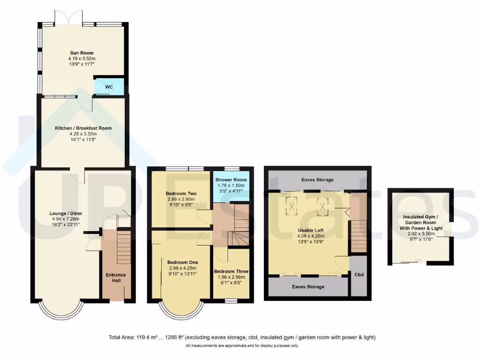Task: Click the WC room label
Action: click(109, 87)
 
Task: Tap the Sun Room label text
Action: click(82, 53)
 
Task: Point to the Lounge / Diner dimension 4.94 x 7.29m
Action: click(65, 219)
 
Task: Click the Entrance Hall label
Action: click(115, 277)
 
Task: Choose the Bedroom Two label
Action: click(181, 193)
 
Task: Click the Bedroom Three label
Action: click(231, 271)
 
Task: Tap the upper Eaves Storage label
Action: click(317, 180)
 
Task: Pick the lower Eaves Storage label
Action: click(308, 286)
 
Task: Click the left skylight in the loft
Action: click(292, 205)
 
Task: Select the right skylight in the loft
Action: click(322, 204)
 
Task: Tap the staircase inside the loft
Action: click(359, 237)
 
